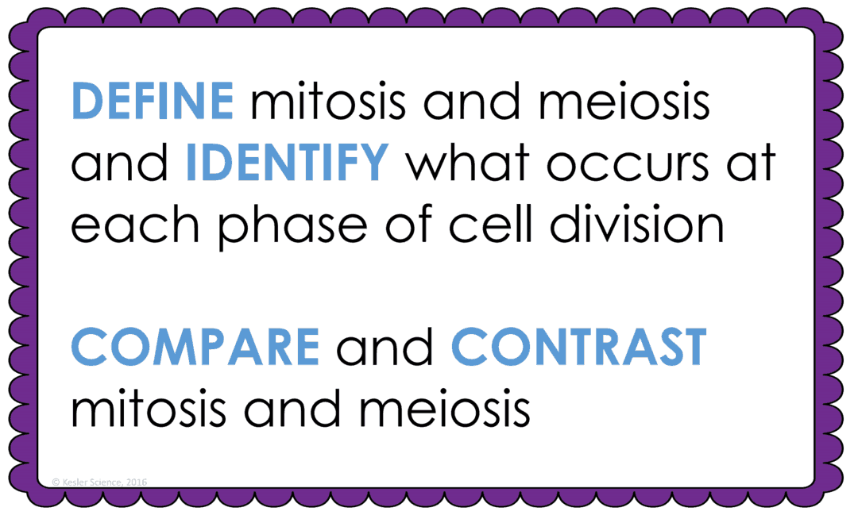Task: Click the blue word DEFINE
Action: tap(153, 102)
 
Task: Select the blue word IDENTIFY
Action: tap(287, 163)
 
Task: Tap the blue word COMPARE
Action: tap(195, 348)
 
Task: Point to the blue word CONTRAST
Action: tap(579, 348)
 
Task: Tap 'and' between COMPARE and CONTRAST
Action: tap(385, 348)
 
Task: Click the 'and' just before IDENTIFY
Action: tap(119, 163)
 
